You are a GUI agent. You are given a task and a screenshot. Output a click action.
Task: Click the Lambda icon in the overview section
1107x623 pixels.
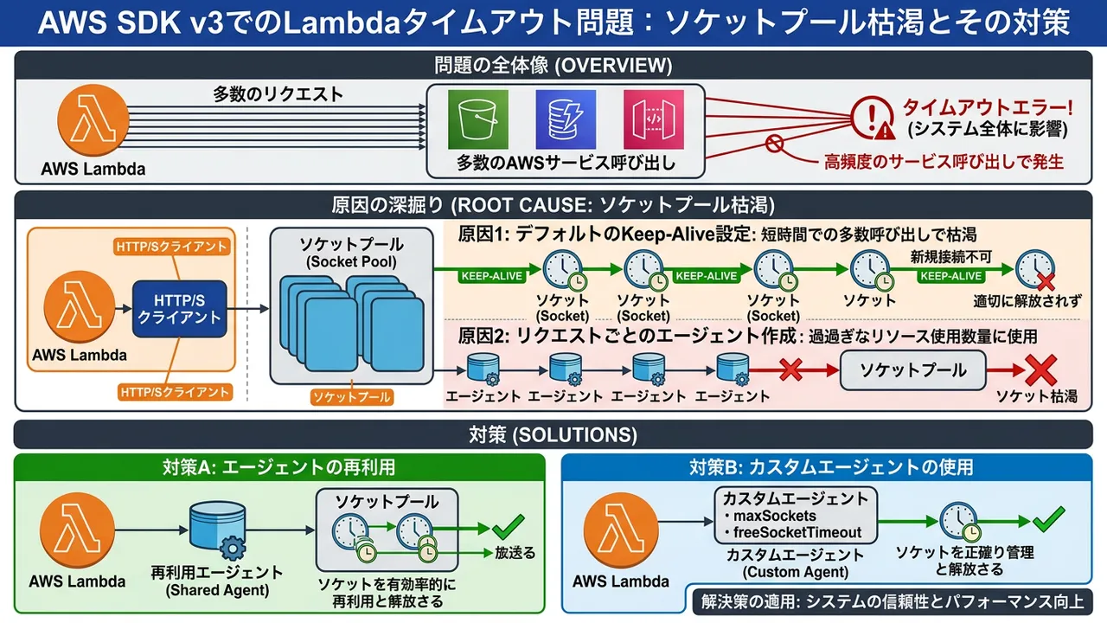click(x=93, y=125)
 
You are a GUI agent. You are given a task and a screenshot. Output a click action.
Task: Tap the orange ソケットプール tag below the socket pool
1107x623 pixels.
click(x=351, y=397)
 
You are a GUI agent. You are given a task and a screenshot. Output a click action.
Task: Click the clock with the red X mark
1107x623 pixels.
click(x=1035, y=271)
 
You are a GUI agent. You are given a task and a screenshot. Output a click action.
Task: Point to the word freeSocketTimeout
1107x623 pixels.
click(x=797, y=532)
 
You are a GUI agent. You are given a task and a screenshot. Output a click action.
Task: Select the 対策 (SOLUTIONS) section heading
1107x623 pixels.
click(x=553, y=434)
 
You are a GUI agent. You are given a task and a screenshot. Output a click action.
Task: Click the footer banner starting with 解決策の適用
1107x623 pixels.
click(x=892, y=601)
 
